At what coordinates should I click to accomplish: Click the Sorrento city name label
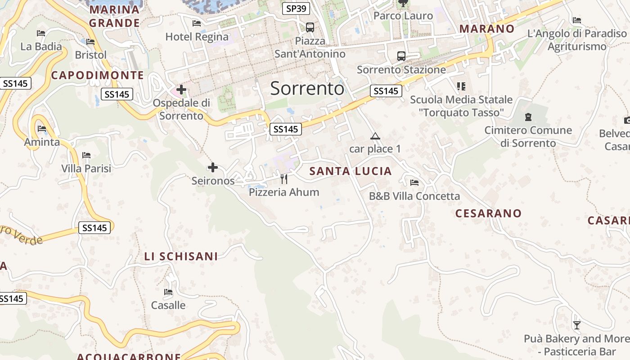pos(307,89)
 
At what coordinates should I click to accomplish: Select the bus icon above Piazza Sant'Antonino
pos(310,27)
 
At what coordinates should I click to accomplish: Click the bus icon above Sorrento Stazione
pos(401,56)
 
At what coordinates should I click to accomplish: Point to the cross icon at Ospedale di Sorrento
pos(181,90)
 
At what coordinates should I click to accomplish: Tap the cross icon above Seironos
pos(213,168)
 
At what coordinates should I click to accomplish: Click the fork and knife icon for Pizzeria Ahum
pos(284,179)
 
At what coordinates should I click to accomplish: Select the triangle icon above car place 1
pos(375,136)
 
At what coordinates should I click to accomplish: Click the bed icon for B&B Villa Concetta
pos(414,183)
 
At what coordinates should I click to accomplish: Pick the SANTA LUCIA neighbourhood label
pos(351,171)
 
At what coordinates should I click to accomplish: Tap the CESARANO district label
pos(488,213)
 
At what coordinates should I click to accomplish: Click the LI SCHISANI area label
pos(181,256)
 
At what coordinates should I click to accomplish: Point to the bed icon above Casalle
pos(168,292)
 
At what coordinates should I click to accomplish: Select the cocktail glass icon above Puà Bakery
pos(576,325)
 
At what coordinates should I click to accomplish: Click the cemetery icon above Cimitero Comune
pos(528,117)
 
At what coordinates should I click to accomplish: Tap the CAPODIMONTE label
pos(97,75)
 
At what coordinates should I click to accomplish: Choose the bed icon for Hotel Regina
pos(196,23)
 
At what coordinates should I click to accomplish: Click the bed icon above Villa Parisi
pos(86,155)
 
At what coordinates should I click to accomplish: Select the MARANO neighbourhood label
pos(486,29)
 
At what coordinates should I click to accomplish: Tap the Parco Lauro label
pos(403,16)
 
